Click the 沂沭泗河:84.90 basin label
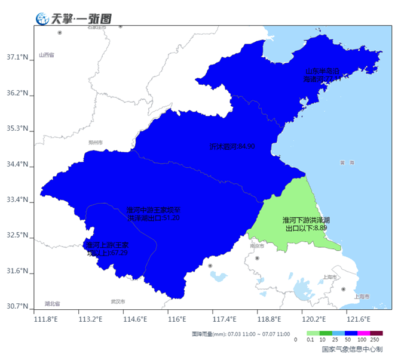[232, 146]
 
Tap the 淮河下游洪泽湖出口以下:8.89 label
[306, 224]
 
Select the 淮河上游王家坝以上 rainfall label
[107, 249]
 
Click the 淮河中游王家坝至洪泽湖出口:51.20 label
[153, 214]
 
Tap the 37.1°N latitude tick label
[17, 57]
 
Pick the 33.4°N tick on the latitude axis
[17, 199]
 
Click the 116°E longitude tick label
[176, 319]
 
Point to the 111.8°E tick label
[46, 319]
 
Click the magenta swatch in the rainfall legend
[363, 334]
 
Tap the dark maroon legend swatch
[376, 334]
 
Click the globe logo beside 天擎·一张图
[42, 19]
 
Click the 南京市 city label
[257, 245]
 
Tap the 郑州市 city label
[95, 143]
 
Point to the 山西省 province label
[47, 55]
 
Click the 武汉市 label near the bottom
[118, 301]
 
